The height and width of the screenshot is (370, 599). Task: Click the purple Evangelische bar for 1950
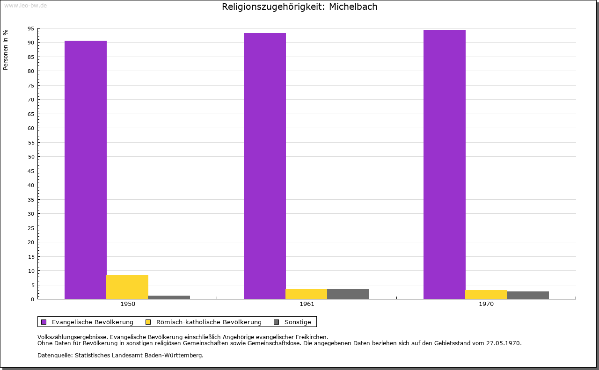86,170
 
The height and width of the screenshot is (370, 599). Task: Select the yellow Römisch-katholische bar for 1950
127,287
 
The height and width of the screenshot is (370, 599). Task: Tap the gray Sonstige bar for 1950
169,297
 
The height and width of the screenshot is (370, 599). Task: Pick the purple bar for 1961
265,166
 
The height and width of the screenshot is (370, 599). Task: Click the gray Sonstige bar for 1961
348,294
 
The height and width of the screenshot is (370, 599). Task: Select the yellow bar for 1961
307,294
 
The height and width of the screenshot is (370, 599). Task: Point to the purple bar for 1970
445,164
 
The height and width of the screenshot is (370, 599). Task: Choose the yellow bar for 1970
486,295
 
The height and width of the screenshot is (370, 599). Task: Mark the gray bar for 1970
528,295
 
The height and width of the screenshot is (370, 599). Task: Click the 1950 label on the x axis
128,304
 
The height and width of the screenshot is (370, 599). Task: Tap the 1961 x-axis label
307,304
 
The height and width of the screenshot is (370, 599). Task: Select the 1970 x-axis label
486,304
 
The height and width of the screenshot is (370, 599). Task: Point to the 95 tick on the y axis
31,29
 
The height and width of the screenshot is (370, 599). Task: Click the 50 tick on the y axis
31,157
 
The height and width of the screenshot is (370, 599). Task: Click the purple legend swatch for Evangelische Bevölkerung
44,322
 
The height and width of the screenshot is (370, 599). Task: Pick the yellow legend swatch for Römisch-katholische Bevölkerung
148,322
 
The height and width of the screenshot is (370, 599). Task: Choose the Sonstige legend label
298,322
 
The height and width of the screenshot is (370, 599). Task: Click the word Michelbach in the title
353,7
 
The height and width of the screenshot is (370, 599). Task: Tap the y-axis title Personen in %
5,50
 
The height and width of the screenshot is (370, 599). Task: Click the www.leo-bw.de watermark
25,5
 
